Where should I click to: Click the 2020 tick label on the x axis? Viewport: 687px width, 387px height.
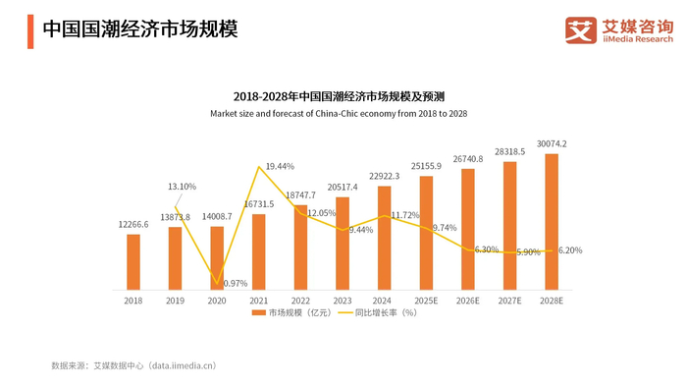pos(217,301)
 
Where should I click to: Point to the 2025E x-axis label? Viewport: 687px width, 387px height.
pos(426,301)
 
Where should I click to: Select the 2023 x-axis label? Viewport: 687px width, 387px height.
pos(343,301)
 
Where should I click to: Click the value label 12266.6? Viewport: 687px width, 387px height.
pos(132,225)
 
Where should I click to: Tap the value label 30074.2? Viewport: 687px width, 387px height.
pos(551,143)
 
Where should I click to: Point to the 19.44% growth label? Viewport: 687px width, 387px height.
pos(280,167)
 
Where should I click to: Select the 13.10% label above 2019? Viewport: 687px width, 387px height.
pos(182,187)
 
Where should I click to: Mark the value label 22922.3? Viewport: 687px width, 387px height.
pos(384,176)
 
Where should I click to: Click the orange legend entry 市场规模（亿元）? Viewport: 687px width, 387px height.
pos(291,313)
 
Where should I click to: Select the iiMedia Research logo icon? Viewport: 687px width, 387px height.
pos(580,29)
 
